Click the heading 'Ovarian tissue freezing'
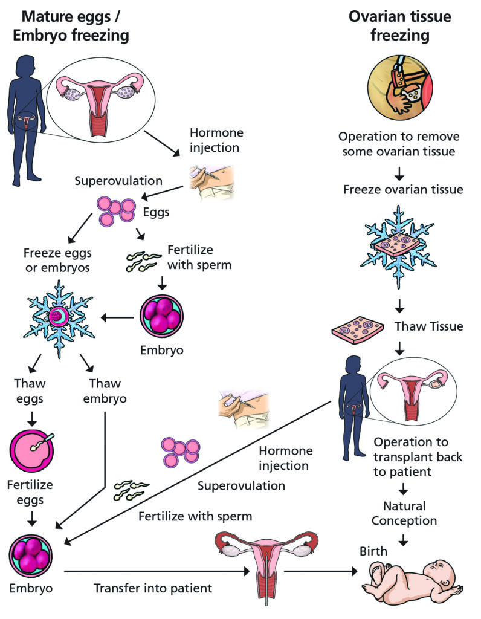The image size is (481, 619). [399, 26]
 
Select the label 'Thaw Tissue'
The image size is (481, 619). [428, 326]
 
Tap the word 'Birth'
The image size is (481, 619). [373, 551]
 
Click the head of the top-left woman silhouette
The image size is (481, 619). [27, 66]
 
